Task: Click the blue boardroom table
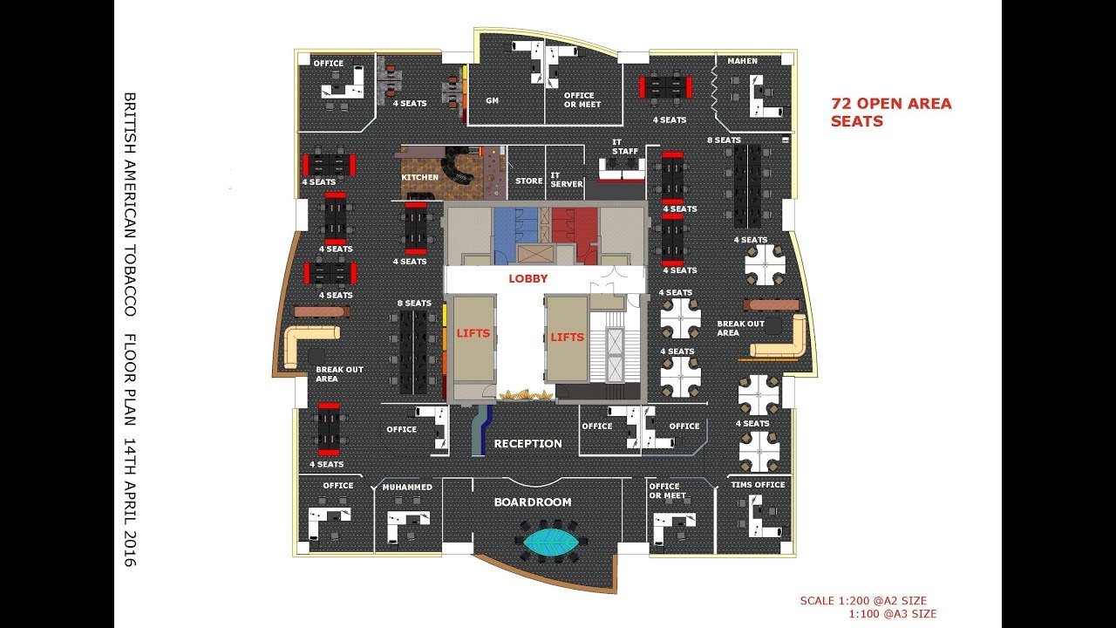point(551,542)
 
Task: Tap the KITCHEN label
point(420,177)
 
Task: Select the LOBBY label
point(528,278)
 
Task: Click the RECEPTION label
point(528,444)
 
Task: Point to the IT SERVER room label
point(567,180)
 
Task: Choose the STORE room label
point(529,181)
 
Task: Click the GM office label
point(493,100)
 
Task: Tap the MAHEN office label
point(742,61)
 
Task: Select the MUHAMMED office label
point(407,487)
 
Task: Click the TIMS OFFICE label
point(758,484)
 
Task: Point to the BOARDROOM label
point(533,502)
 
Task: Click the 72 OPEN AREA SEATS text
point(891,113)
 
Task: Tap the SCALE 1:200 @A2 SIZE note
point(863,601)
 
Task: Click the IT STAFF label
point(625,147)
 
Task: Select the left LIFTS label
point(473,333)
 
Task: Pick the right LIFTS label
point(567,338)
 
